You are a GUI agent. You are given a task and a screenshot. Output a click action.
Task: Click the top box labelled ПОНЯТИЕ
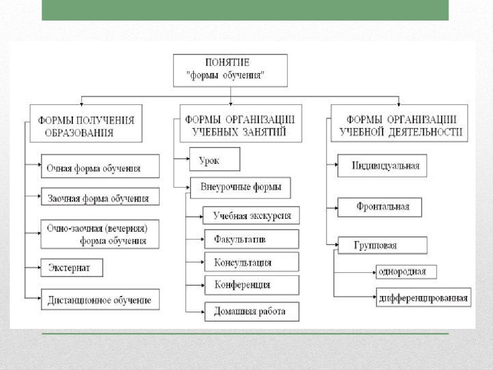230,70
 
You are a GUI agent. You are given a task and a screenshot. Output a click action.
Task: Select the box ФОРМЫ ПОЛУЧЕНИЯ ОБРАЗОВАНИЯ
86,123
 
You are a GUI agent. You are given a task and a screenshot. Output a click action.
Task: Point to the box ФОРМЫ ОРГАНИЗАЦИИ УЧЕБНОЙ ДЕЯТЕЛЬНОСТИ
399,123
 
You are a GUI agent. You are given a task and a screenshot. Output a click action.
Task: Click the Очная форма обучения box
100,166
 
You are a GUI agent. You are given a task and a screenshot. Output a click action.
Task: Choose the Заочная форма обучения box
100,196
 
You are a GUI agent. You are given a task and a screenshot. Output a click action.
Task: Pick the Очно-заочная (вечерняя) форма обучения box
100,234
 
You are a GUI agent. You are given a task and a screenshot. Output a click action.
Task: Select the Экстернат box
72,268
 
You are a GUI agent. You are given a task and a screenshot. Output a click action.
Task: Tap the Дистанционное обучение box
100,299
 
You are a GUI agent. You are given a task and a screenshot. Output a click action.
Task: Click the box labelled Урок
214,159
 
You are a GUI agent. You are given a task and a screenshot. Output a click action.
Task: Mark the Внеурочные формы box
240,187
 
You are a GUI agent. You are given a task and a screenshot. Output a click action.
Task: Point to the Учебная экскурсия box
252,215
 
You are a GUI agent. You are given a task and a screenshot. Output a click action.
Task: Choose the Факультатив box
252,238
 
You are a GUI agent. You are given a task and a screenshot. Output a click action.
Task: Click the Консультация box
252,262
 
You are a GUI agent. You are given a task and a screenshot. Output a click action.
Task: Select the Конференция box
252,285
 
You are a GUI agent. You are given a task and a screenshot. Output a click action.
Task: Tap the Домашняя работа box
252,311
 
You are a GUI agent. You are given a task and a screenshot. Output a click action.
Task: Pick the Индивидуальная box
382,165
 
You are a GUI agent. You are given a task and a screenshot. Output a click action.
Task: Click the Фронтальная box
380,207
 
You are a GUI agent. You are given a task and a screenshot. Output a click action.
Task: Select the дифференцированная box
423,297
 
